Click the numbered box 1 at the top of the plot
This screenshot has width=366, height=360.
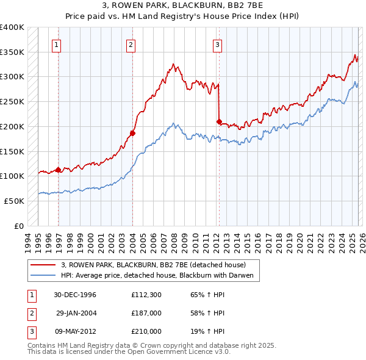pyautogui.click(x=56, y=44)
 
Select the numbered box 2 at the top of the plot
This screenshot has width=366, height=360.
pyautogui.click(x=131, y=44)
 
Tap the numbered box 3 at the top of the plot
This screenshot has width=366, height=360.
pyautogui.click(x=217, y=44)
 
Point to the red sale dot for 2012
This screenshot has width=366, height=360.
pyautogui.click(x=219, y=122)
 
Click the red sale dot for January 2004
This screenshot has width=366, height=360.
pyautogui.click(x=132, y=133)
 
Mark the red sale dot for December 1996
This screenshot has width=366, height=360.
pyautogui.click(x=59, y=170)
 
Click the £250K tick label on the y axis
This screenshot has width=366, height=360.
pyautogui.click(x=12, y=102)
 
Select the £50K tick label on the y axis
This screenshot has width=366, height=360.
pyautogui.click(x=14, y=201)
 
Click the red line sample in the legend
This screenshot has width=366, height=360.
pyautogui.click(x=44, y=265)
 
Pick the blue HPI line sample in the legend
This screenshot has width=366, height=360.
pyautogui.click(x=44, y=276)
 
